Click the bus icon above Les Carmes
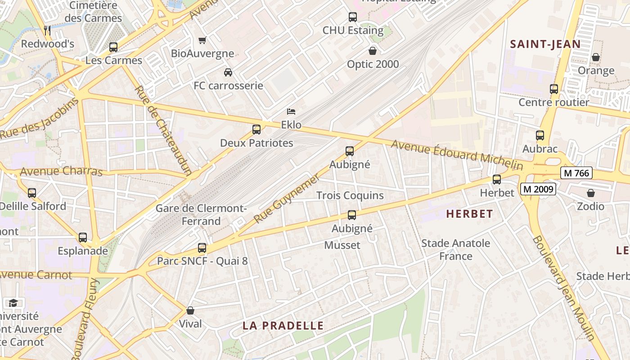coord(113,47)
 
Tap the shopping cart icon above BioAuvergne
coord(202,40)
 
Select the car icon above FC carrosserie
coord(228,72)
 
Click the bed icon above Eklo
coord(291,111)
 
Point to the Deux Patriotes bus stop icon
coord(256,130)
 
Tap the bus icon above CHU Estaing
coord(353,17)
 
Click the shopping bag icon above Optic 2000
coord(373,50)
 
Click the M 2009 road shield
coord(538,189)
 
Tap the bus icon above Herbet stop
coord(497,180)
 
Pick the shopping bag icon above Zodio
coord(591,193)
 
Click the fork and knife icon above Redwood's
coord(47,30)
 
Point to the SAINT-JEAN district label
coord(545,44)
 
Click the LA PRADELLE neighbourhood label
coord(283,325)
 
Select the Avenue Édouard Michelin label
coord(457,155)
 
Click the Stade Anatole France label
coord(455,250)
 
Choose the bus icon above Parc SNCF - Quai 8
coord(202,248)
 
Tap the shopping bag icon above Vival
coord(190,310)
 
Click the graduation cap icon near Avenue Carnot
coord(13,303)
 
